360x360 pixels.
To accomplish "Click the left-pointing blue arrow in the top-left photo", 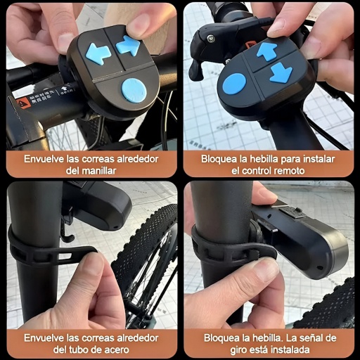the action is click(x=98, y=53).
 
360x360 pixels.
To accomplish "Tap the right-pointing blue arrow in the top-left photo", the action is click(x=128, y=46).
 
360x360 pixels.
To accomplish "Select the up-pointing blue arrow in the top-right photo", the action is click(x=267, y=51).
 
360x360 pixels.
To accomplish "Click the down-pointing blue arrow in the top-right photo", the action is click(x=281, y=73).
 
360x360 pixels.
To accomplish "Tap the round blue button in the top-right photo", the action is click(x=234, y=84).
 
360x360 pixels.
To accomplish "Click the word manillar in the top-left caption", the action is click(x=99, y=171).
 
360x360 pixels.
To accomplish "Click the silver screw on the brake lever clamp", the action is click(x=211, y=37).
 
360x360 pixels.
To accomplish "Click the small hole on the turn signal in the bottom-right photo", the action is click(x=319, y=267).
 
